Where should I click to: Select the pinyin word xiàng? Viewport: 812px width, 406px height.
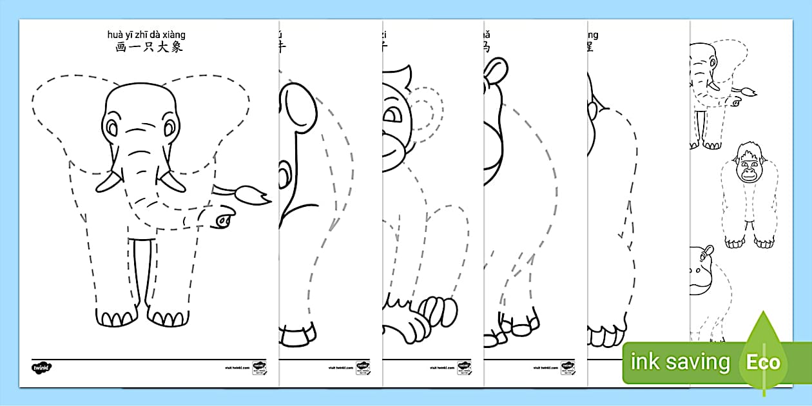click(x=175, y=35)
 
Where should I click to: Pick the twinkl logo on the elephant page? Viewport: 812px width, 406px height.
click(x=41, y=368)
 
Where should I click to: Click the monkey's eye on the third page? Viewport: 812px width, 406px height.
click(x=391, y=117)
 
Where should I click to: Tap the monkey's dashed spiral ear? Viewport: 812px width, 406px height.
click(x=425, y=113)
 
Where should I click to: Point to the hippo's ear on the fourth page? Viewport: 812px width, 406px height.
click(x=496, y=68)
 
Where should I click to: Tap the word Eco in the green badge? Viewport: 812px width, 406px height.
click(x=764, y=362)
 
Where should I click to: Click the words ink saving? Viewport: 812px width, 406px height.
click(x=680, y=362)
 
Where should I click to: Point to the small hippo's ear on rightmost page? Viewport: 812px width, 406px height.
click(x=708, y=251)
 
